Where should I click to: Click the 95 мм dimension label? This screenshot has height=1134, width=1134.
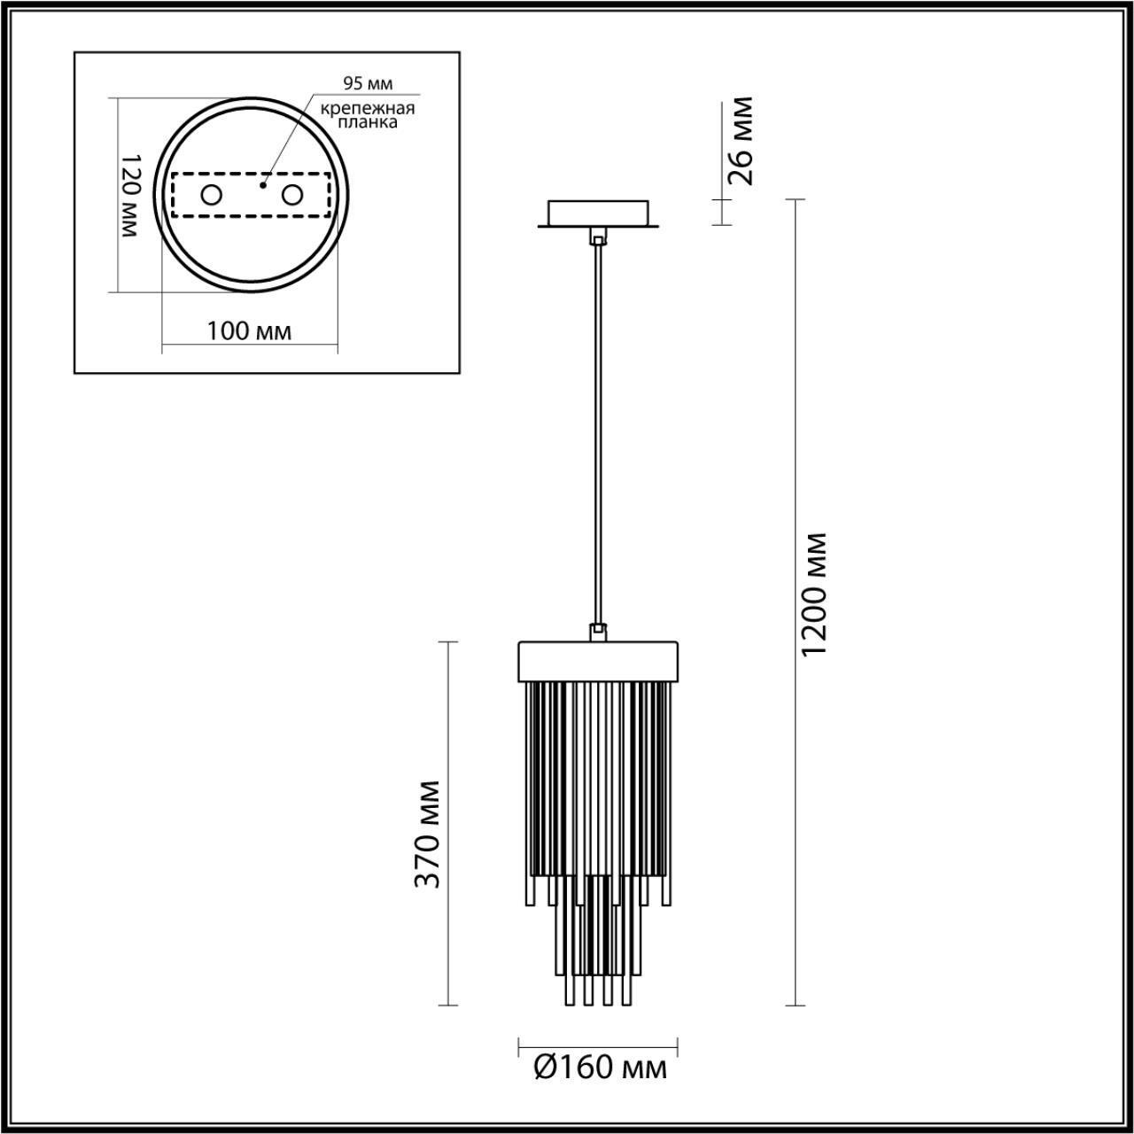(x=367, y=84)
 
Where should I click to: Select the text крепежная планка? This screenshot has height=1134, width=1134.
(x=368, y=116)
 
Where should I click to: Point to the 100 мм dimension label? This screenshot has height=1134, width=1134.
(x=249, y=331)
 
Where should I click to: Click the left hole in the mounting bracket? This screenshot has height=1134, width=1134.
(x=211, y=195)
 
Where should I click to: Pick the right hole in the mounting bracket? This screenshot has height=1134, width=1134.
(x=291, y=195)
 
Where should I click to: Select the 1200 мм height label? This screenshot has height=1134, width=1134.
(x=813, y=594)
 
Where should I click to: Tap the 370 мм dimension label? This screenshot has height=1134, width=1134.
(x=429, y=834)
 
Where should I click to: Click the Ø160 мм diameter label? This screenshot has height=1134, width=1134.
(x=600, y=1068)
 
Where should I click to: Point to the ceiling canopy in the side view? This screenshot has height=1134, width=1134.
(x=599, y=214)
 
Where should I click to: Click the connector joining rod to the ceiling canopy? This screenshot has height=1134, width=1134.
(x=599, y=237)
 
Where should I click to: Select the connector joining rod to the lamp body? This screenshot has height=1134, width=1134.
(x=599, y=631)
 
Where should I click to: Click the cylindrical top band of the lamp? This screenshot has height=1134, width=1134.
(x=599, y=660)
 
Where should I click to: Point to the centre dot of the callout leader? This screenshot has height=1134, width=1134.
(x=262, y=186)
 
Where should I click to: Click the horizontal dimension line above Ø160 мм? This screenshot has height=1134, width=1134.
(x=599, y=1043)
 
